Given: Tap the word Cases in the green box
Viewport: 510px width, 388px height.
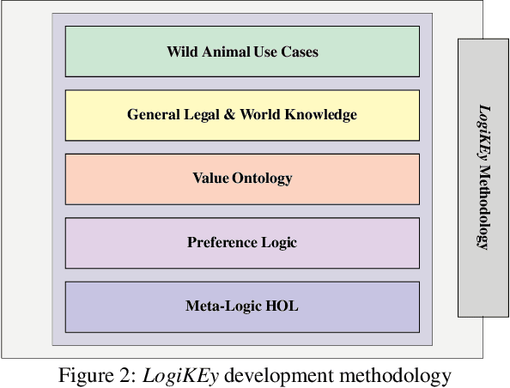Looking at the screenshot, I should click(299, 52).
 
